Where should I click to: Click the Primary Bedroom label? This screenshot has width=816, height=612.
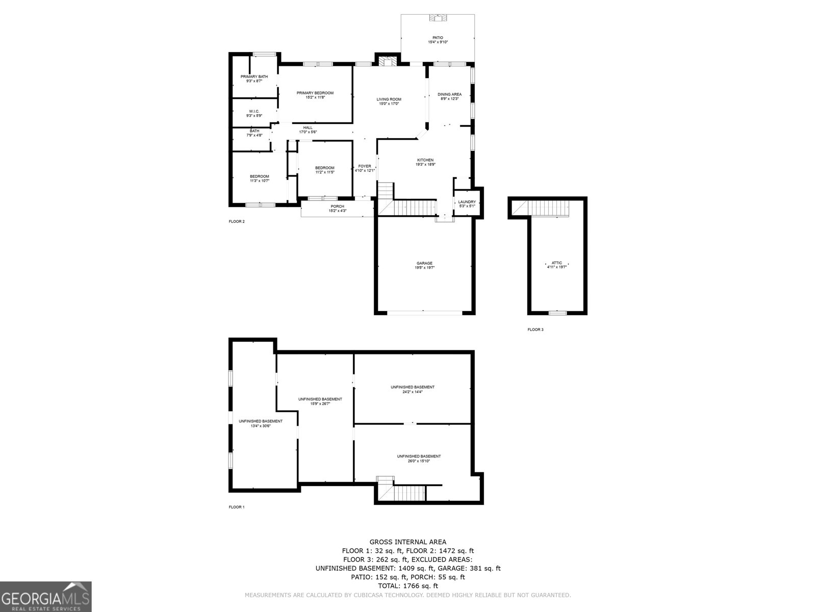315,93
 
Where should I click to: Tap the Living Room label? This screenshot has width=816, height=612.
389,99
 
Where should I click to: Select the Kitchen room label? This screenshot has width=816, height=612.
425,160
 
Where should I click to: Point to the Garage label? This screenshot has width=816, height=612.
424,263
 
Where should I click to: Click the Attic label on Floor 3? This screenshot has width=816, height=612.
557,263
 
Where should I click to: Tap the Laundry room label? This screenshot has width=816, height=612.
467,202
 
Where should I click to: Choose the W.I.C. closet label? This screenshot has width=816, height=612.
254,111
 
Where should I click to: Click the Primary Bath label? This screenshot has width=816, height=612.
254,76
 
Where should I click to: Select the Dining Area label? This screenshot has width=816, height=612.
449,94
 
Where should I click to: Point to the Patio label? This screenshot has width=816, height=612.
438,38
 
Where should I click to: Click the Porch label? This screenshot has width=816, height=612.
337,207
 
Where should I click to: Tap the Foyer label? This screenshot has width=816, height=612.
365,166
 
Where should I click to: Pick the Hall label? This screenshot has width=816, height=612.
308,127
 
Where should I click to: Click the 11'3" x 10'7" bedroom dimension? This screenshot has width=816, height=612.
259,181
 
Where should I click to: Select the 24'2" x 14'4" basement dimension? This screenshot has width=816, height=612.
413,392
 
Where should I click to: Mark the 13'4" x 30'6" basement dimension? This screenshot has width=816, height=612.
260,426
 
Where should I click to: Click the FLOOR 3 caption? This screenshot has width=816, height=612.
535,329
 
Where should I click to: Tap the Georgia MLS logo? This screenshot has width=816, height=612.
46,597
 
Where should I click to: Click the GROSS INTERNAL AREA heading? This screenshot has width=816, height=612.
408,542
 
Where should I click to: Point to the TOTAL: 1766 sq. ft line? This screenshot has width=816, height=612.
408,586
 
